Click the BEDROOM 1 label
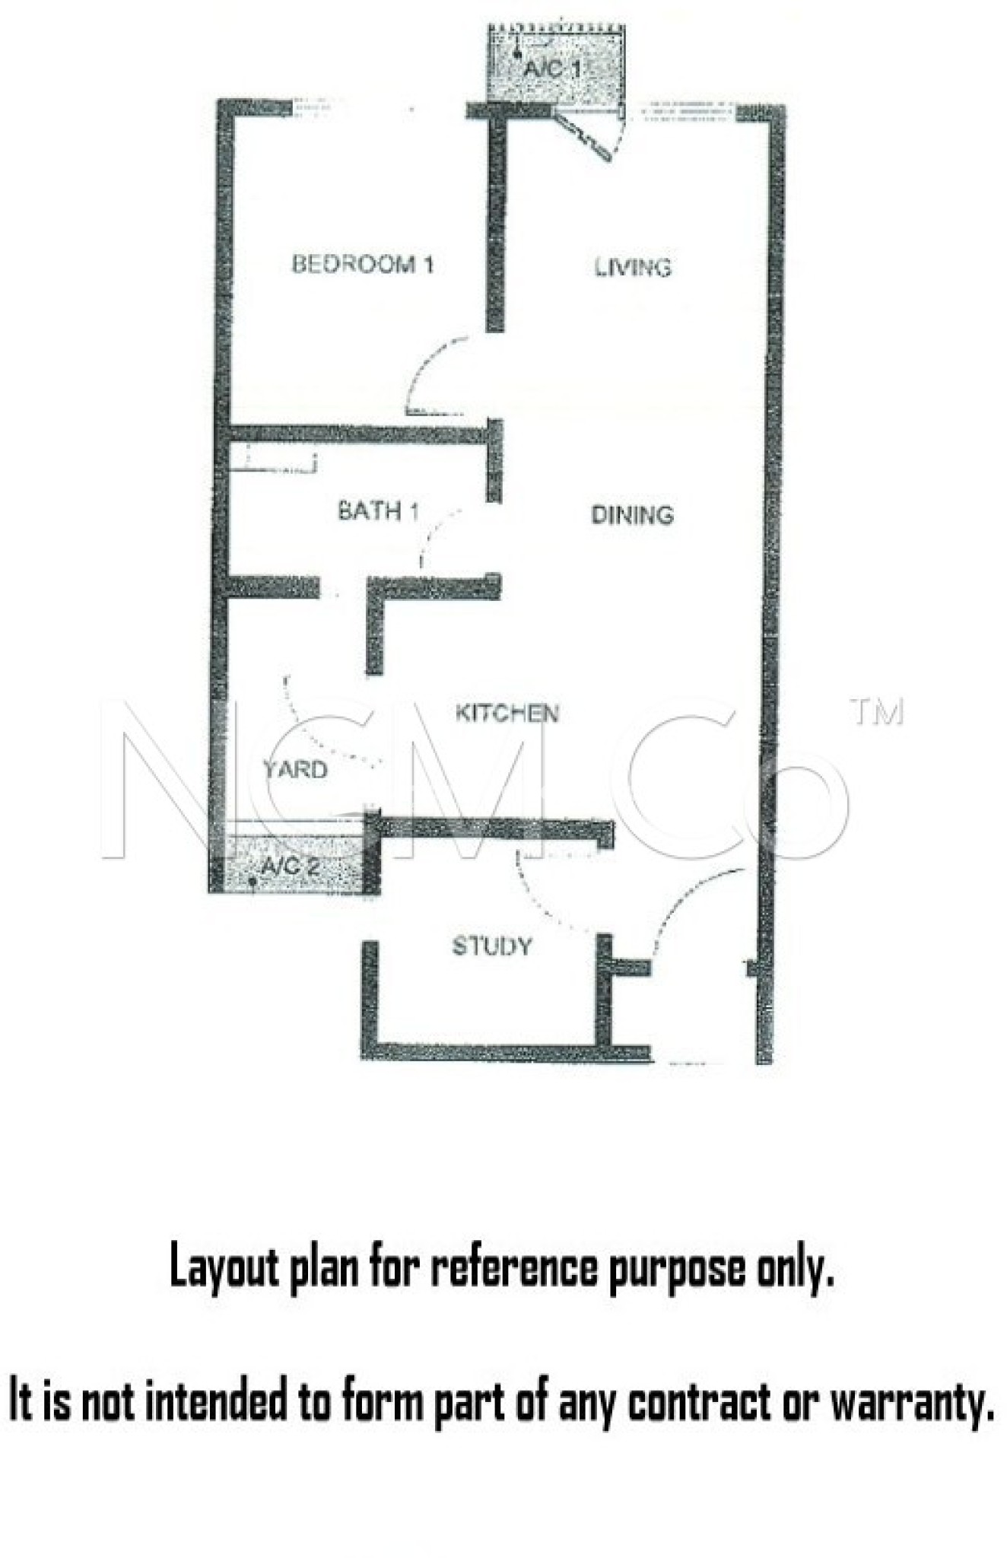(363, 264)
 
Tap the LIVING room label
(633, 267)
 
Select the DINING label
(632, 515)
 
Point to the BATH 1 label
(378, 510)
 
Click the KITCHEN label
(507, 713)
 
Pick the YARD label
(295, 769)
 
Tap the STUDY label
(491, 946)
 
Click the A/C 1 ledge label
(552, 68)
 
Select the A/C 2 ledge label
(288, 866)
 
